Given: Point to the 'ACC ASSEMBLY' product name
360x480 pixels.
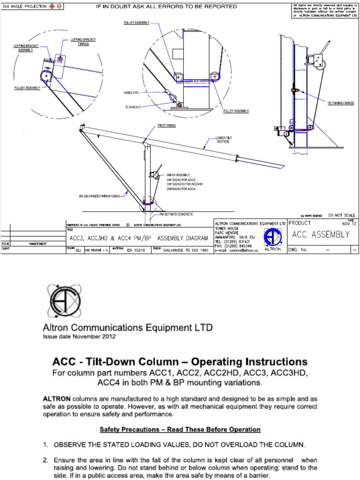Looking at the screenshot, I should [321, 235].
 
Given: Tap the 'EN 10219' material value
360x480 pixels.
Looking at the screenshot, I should [136, 251].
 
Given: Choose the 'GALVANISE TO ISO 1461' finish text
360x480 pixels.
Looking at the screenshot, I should [186, 251].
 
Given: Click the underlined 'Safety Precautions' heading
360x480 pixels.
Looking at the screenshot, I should [180, 429].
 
